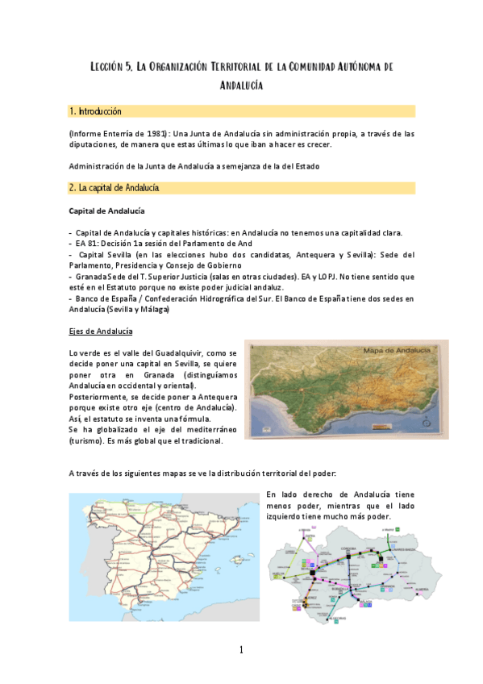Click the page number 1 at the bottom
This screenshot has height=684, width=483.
[240, 650]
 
